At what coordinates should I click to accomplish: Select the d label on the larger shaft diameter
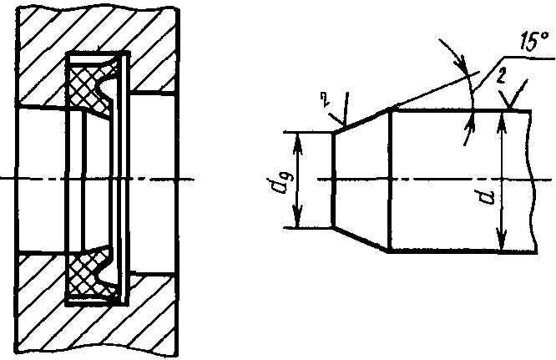[x=487, y=197]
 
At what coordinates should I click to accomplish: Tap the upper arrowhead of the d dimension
[x=500, y=117]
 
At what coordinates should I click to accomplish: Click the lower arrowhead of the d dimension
[x=500, y=245]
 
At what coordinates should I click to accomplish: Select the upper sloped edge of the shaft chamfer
[x=361, y=120]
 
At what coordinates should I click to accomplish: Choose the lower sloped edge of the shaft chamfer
[x=361, y=239]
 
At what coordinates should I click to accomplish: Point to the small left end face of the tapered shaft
[x=333, y=180]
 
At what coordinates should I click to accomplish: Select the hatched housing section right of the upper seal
[x=154, y=67]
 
